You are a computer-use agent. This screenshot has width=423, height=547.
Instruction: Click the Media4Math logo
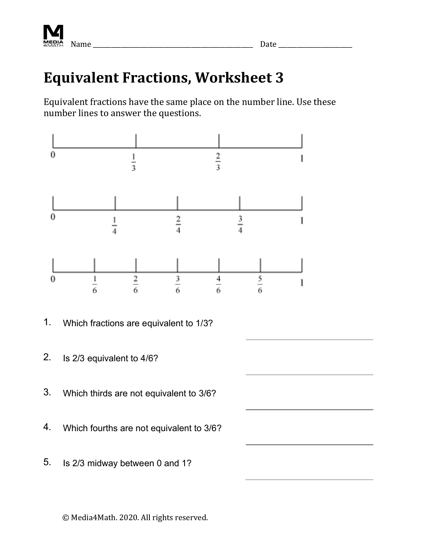[53, 36]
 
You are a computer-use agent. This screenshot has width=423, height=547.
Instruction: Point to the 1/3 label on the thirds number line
[134, 162]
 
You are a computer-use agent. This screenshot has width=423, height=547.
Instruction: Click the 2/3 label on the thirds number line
[218, 162]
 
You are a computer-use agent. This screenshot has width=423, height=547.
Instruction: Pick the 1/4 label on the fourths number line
[114, 226]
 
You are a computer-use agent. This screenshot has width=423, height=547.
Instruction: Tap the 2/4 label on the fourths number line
[178, 225]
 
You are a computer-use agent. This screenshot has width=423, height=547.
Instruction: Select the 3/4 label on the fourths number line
[240, 225]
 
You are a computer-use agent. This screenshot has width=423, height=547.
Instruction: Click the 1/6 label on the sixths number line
[95, 284]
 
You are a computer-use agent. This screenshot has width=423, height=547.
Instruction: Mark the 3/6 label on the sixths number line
[178, 284]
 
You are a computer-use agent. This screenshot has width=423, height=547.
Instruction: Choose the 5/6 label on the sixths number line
[260, 284]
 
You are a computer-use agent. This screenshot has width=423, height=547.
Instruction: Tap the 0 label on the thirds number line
[53, 155]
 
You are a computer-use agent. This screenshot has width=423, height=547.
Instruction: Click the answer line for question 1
[309, 339]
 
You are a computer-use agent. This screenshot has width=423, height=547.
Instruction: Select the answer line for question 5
[309, 479]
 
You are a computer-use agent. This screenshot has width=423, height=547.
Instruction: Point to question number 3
[47, 392]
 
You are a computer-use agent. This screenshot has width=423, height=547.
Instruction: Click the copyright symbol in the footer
[66, 517]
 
